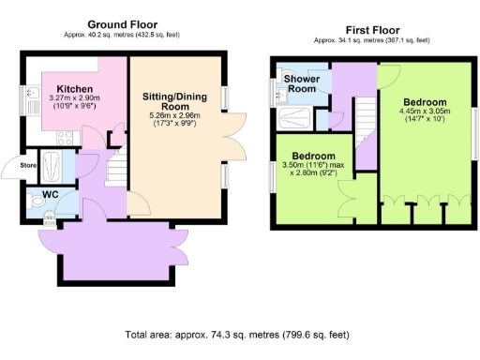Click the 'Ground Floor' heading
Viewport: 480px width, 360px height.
tap(123, 24)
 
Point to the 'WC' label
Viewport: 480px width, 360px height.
tap(37, 197)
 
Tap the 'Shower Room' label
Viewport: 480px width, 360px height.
tap(303, 84)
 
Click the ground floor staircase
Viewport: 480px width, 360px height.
tap(116, 172)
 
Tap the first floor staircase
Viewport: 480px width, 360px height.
tap(364, 117)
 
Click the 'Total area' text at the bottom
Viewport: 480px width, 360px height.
tap(239, 335)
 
